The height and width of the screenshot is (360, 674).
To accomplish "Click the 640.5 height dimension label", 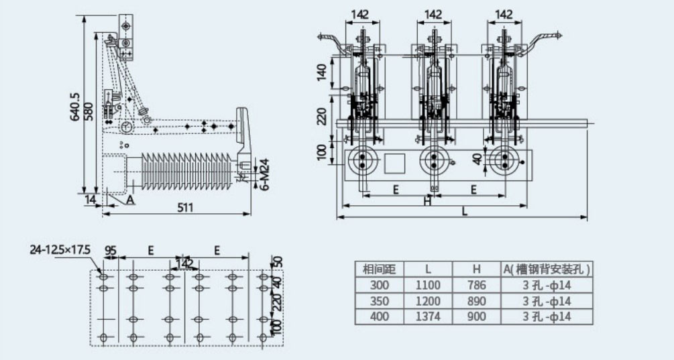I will point(74,108).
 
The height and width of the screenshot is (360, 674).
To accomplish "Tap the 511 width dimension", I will point(185,208).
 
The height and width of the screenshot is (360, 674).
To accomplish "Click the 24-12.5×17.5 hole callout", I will point(60,250).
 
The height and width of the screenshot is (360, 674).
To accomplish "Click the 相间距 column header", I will point(379,270).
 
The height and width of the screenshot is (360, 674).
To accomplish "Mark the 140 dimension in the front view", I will point(321,70).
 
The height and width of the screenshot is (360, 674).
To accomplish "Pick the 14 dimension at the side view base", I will point(90,198).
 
